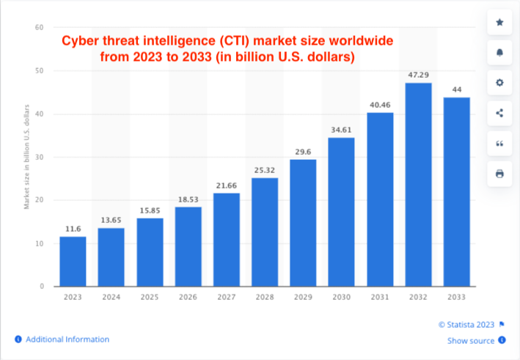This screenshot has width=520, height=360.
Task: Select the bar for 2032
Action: [x=418, y=184]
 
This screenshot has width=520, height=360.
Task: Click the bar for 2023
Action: [x=73, y=261]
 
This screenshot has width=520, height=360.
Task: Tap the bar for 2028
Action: [x=265, y=232]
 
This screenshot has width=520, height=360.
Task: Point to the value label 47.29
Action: [x=418, y=75]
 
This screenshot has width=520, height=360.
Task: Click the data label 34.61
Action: [x=341, y=130]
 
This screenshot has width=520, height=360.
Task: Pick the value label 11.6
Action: [x=73, y=229]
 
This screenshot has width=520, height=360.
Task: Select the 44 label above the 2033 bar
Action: [x=456, y=89]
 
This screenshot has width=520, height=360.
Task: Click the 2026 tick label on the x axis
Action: [x=188, y=297]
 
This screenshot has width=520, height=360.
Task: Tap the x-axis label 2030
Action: [x=341, y=297]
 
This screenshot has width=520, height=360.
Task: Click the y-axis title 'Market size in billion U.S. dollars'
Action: [x=27, y=157]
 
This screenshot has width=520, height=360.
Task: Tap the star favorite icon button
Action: [x=499, y=23]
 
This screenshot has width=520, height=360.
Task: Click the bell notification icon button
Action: [x=499, y=53]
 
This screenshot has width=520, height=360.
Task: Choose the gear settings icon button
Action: [x=499, y=83]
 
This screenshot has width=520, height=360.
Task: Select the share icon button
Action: [x=499, y=113]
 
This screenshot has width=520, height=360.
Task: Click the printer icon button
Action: [x=499, y=173]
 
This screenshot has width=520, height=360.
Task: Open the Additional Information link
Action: [x=67, y=339]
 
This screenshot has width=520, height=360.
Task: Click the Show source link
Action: [x=471, y=340]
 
